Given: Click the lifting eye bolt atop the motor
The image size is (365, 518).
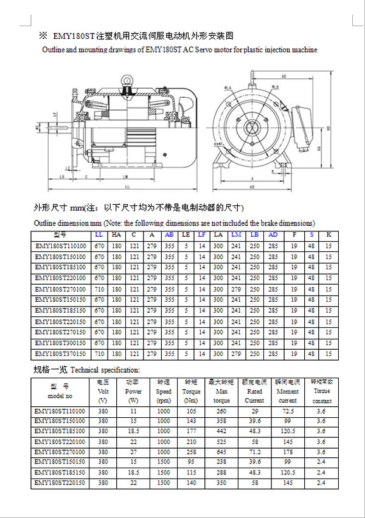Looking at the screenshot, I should click(127, 79).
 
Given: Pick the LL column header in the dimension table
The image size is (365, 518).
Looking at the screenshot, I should click(99, 235).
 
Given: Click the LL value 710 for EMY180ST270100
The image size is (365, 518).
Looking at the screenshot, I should click(99, 289).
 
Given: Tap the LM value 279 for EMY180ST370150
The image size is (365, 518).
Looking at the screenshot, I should click(237, 353).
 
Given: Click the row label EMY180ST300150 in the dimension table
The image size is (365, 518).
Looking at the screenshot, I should click(61, 342).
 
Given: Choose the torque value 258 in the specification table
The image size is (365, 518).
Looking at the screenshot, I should click(191, 452).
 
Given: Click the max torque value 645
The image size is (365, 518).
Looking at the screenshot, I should click(222, 452).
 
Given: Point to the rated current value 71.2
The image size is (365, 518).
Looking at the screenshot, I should click(254, 452).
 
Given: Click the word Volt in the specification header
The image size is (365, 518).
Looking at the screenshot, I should click(103, 392).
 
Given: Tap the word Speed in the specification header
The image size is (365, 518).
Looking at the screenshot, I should click(163, 392).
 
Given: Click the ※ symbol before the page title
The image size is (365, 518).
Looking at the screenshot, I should click(43, 36).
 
